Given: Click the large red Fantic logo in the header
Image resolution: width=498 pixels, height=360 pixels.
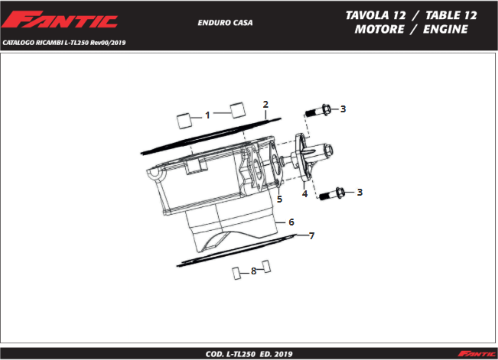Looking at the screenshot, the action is tap(60, 20).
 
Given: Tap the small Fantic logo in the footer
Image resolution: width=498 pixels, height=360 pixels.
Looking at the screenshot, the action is tap(477, 354).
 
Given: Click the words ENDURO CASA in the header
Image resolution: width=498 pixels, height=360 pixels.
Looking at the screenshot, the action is tap(225, 23).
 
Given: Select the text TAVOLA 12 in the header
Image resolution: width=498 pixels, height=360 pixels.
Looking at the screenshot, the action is tap(376, 15).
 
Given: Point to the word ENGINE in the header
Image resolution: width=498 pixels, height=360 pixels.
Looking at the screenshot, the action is tap(445, 29).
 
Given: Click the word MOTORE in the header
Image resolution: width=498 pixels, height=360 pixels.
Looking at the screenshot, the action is tap(379, 29).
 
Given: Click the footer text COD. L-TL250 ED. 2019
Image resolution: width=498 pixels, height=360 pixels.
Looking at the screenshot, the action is tap(249, 354).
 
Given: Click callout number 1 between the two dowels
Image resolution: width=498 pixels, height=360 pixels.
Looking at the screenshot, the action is tap(207, 115).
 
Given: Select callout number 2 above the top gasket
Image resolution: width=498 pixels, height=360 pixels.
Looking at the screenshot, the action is tap(265, 105).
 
